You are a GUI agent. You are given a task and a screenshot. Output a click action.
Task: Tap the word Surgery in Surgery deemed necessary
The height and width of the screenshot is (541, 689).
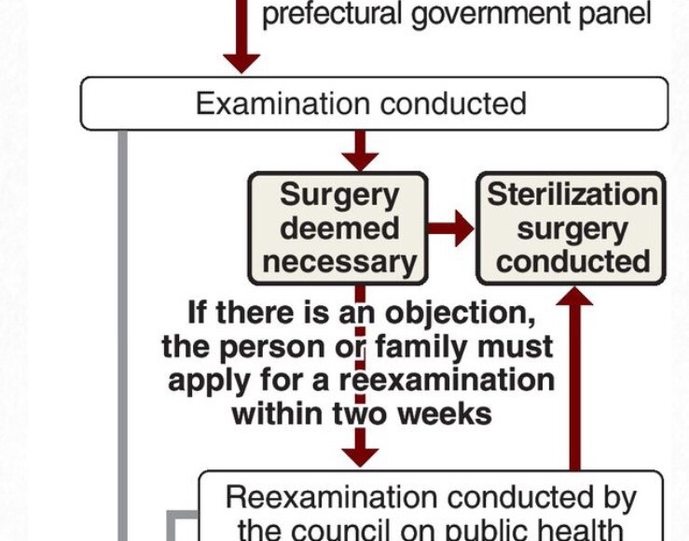(338, 195)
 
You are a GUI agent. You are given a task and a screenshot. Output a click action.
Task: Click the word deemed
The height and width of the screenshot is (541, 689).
(339, 228)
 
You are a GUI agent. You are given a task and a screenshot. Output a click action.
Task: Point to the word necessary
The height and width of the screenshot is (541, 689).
(339, 261)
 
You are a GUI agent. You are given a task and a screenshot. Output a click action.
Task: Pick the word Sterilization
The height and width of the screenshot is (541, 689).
(572, 195)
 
